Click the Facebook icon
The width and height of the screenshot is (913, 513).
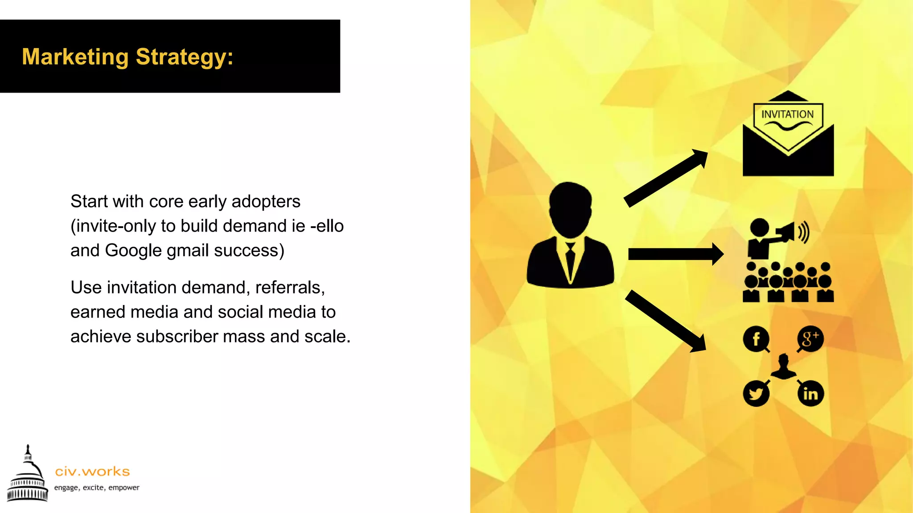coord(756,339)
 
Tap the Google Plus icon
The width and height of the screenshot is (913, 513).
coord(810,339)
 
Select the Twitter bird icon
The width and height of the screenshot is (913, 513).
coord(756,394)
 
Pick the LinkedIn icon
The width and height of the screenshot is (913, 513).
coord(810,394)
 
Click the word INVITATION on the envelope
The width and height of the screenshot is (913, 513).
coord(787,114)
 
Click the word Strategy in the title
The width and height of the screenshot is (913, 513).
coord(184,57)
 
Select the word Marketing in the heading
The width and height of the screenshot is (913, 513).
coord(75,57)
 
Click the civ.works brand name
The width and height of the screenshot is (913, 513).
coord(92,471)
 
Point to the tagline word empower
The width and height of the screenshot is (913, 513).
coord(124,488)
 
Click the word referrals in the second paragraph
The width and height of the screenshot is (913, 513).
coord(290,288)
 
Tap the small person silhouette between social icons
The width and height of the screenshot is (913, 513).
coord(783,366)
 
